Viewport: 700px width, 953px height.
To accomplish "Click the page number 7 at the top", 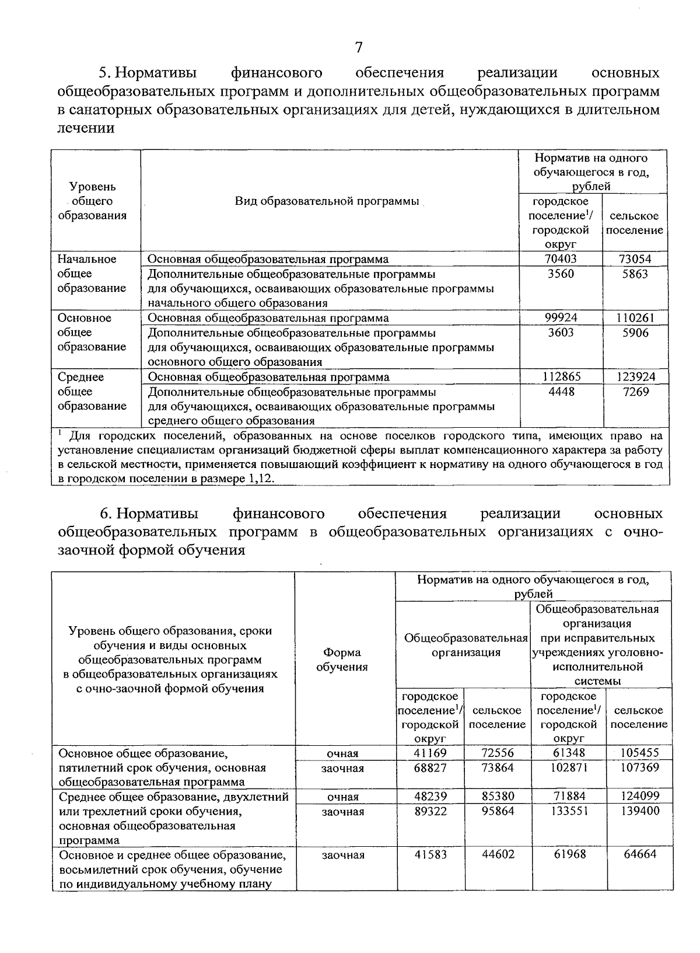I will pyautogui.click(x=358, y=47).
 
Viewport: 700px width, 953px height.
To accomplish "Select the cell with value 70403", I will pyautogui.click(x=561, y=259).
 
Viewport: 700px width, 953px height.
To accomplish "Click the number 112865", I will pyautogui.click(x=561, y=377).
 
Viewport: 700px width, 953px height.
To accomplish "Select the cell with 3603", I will pyautogui.click(x=561, y=333).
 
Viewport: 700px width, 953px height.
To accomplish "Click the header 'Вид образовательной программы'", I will pyautogui.click(x=327, y=201).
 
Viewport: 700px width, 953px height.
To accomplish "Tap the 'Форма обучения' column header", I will pyautogui.click(x=342, y=659).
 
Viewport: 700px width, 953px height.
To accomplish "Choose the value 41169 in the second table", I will pyautogui.click(x=430, y=753).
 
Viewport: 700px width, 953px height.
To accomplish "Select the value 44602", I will pyautogui.click(x=498, y=854).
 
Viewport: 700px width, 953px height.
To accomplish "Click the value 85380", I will pyautogui.click(x=498, y=797).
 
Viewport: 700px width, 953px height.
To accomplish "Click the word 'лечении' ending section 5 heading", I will pyautogui.click(x=86, y=128).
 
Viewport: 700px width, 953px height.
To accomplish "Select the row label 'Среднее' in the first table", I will pyautogui.click(x=80, y=377).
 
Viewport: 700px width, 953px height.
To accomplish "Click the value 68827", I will pyautogui.click(x=430, y=767).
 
